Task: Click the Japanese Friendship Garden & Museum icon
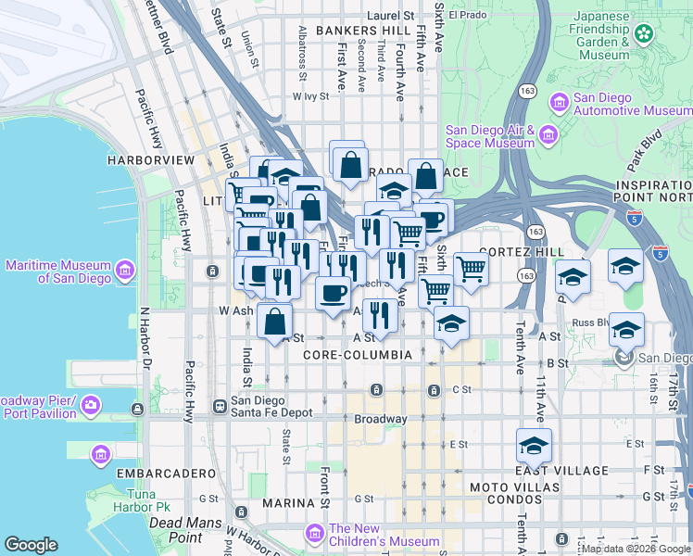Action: [644, 35]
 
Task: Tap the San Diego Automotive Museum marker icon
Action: [560, 101]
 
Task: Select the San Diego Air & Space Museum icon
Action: [548, 136]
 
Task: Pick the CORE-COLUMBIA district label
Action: [357, 355]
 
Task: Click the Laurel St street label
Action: [390, 16]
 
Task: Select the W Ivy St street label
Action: [311, 95]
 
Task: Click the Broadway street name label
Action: [380, 419]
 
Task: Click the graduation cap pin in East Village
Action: [534, 447]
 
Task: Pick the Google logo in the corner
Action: [31, 545]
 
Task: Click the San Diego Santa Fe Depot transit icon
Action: [220, 406]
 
